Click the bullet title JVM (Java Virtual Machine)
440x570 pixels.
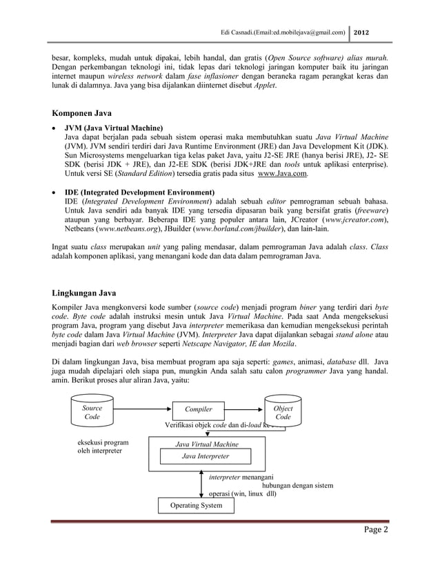coord(114,128)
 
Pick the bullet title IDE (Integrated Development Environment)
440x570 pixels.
coord(139,191)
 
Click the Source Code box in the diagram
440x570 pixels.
coord(92,413)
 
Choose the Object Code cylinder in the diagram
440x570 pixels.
coord(283,413)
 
